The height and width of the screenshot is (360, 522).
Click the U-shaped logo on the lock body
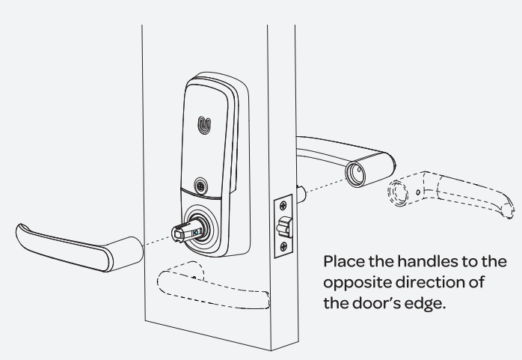pos(204,125)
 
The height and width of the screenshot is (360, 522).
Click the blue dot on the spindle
pos(196,233)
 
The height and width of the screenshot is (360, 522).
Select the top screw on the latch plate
pos(283,206)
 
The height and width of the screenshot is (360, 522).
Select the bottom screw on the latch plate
pos(283,247)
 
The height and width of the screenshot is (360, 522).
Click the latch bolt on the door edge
pos(285,227)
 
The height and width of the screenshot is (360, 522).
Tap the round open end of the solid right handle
pos(355,174)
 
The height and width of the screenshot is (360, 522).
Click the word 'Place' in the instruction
pos(344,261)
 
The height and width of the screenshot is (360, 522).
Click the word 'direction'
pos(429,282)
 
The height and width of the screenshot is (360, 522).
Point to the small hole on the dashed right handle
pos(418,192)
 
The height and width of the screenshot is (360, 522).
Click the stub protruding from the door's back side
pos(301,195)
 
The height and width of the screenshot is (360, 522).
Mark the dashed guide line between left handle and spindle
pos(157,241)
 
